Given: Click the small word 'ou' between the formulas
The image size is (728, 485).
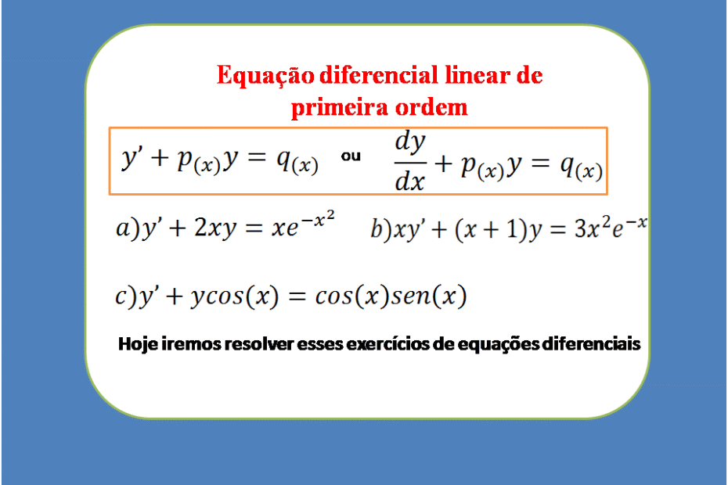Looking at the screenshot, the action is click(351, 156).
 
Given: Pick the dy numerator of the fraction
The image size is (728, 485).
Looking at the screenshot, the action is click(410, 143).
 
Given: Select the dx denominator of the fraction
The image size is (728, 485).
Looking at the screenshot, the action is click(409, 181).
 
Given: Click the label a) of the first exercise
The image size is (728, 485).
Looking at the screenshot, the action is click(128, 228).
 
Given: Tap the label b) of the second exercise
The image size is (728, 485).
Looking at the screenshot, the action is click(382, 228).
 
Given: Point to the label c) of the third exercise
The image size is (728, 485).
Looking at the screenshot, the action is click(126, 296).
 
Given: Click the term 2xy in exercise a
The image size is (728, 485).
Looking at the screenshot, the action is click(215, 228).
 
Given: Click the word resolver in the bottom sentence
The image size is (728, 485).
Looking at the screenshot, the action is click(259, 344).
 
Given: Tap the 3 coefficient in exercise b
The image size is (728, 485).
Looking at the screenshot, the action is click(580, 228).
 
